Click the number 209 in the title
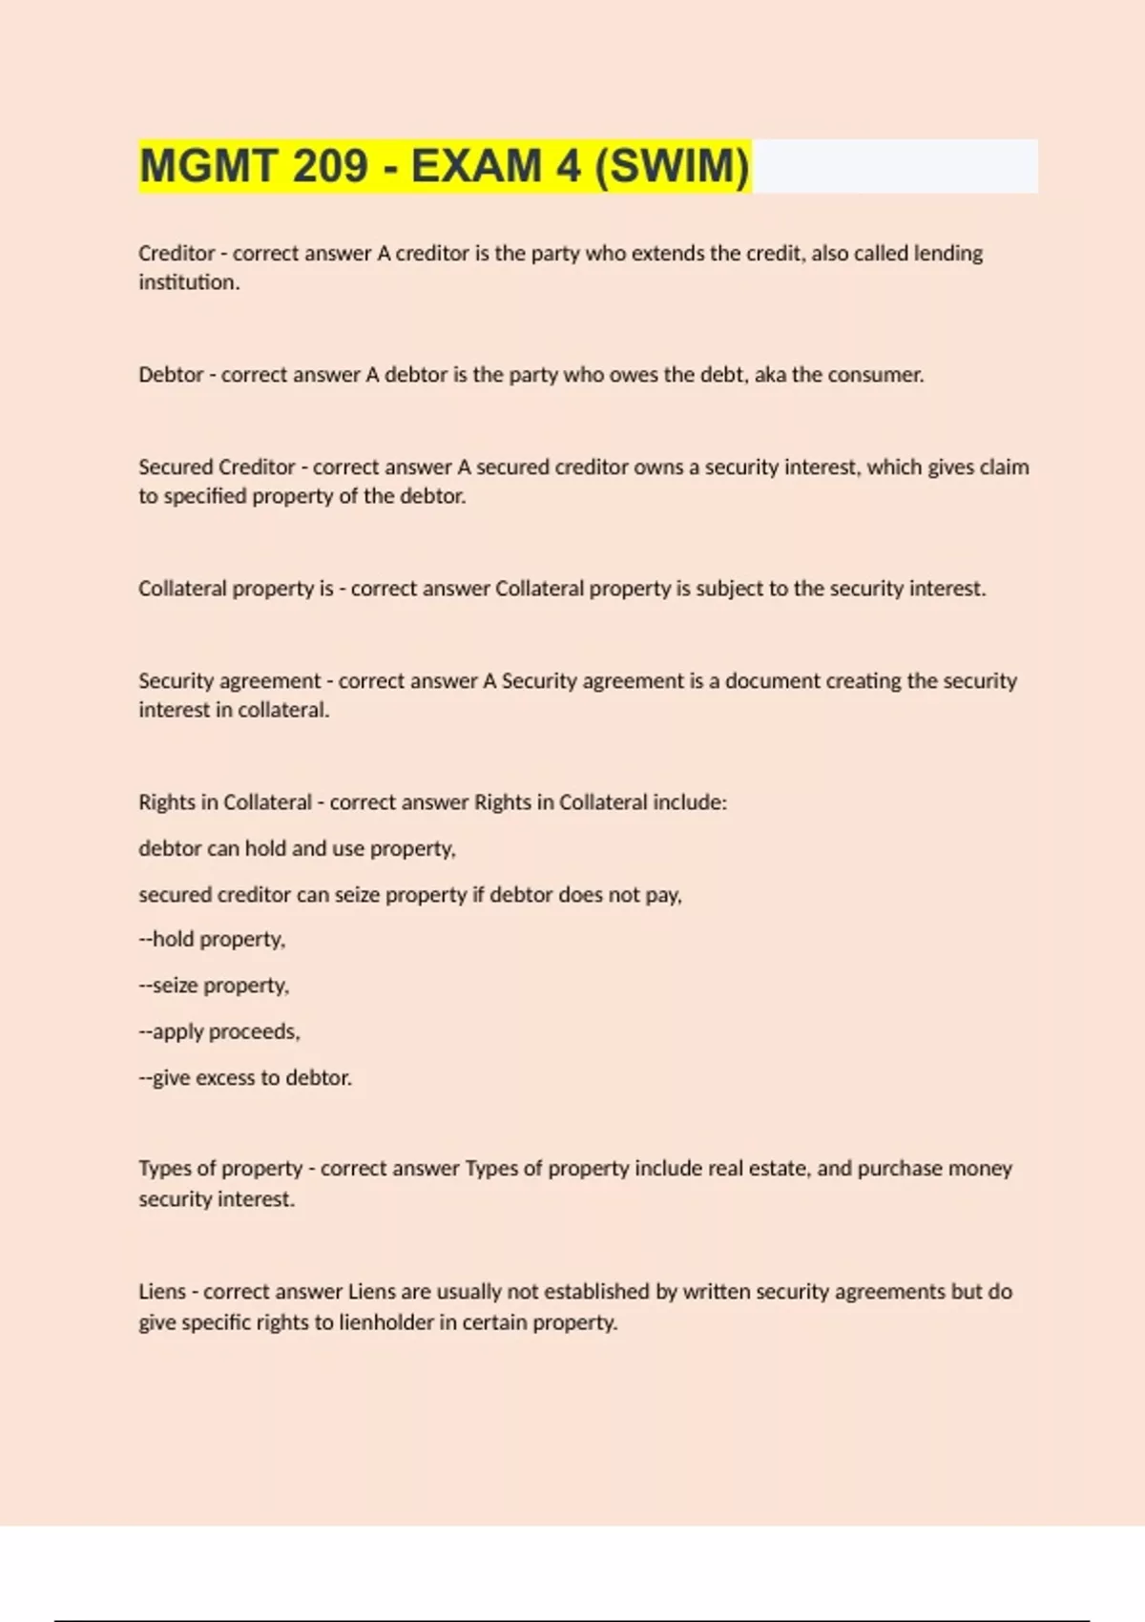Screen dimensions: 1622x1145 click(x=329, y=166)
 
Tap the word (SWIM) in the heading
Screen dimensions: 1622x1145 click(x=673, y=166)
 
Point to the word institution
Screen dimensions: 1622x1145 click(x=188, y=282)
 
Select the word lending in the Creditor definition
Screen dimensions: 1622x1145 click(x=948, y=254)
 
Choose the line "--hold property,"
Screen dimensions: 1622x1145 click(x=212, y=940)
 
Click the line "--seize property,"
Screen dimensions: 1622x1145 click(x=214, y=986)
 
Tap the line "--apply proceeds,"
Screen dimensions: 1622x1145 click(x=219, y=1032)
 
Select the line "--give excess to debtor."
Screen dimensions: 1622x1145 click(x=245, y=1078)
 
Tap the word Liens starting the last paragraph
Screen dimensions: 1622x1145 click(x=162, y=1292)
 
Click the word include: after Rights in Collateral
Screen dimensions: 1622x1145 click(x=689, y=802)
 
